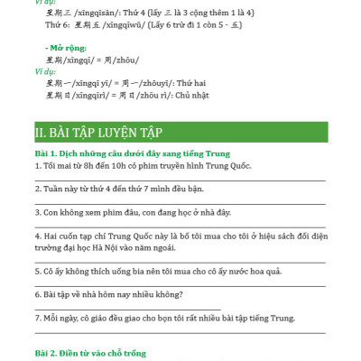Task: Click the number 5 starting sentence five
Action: click(37, 269)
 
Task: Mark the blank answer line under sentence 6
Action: click(126, 307)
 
